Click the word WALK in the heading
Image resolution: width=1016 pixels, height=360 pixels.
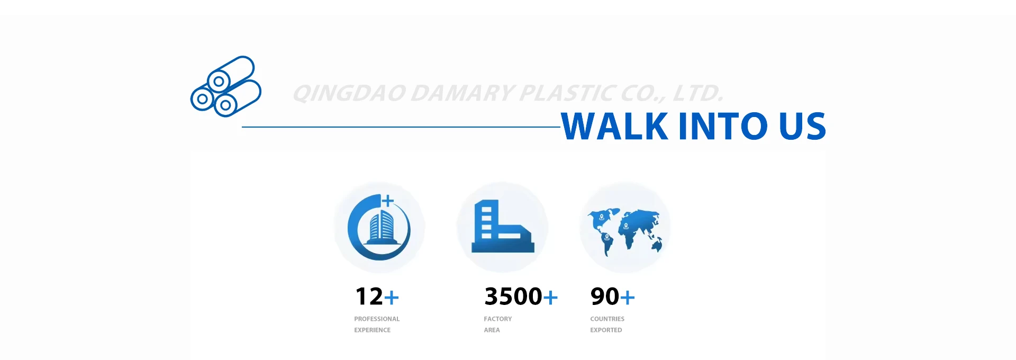(x=615, y=126)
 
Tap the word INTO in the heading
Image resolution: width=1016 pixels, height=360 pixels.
(x=723, y=126)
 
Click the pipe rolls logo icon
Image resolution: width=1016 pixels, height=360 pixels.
(x=226, y=86)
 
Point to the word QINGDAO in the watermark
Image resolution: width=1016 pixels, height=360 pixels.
(x=350, y=93)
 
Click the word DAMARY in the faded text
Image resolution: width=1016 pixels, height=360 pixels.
(x=462, y=93)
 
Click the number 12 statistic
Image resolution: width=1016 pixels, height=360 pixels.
(x=369, y=296)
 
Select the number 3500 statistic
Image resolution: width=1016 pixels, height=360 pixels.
(x=513, y=296)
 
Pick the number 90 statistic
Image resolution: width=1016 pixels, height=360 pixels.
(x=605, y=296)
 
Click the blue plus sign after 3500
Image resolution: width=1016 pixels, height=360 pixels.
(x=550, y=298)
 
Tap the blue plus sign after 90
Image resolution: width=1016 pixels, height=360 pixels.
(x=628, y=298)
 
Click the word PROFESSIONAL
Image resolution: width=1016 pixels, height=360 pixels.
(x=377, y=319)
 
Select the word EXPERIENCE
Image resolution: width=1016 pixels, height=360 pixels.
(x=373, y=330)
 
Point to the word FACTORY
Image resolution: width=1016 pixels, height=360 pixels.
(x=498, y=319)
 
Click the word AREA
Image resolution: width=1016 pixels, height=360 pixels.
(x=492, y=330)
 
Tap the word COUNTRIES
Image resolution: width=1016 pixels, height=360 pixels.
(x=607, y=319)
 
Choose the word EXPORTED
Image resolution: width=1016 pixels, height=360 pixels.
(x=606, y=330)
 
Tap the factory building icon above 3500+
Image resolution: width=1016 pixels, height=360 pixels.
(x=503, y=226)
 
